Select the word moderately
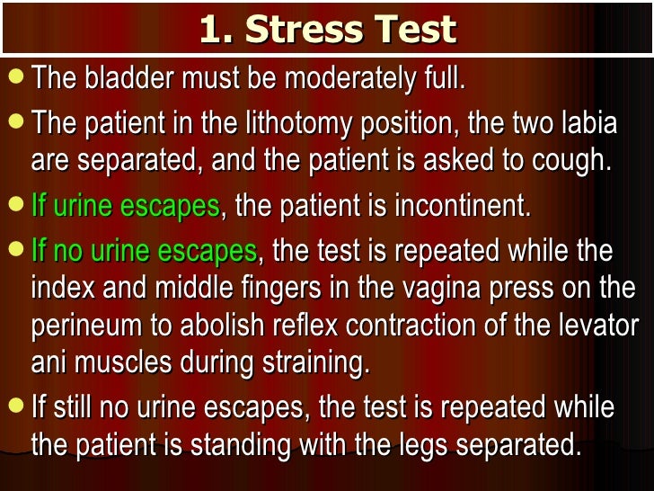pos(340,78)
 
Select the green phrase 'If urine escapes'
pos(125,206)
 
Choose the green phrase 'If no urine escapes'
pos(144,251)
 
